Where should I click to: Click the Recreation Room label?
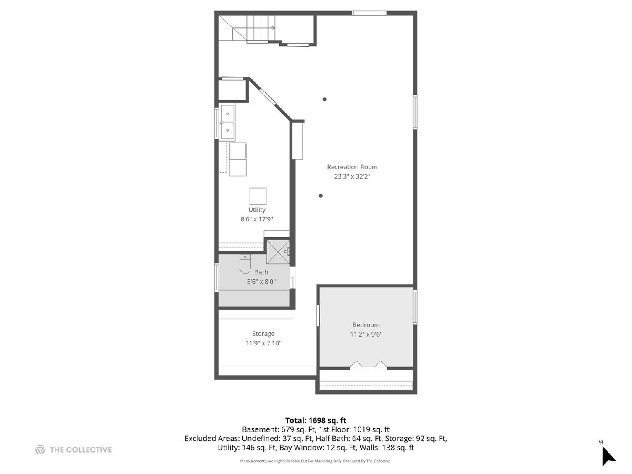point(352,167)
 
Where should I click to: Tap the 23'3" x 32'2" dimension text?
point(352,176)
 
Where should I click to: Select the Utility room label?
point(257,210)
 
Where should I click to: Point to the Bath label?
point(261,272)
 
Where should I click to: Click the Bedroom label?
point(366,325)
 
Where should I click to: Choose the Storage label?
point(263,334)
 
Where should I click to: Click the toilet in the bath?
point(245,264)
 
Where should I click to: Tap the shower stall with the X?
point(278,252)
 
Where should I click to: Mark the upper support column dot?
point(324,100)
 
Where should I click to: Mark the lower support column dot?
point(320,196)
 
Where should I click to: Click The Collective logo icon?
point(41,450)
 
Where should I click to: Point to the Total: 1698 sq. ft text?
point(315,420)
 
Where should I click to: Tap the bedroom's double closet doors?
point(369,364)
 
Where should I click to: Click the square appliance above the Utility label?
point(258,196)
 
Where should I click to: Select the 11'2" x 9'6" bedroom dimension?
point(366,334)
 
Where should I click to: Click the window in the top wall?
point(369,13)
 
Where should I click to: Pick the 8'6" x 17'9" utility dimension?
point(257,219)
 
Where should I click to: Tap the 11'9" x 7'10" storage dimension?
point(263,343)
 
